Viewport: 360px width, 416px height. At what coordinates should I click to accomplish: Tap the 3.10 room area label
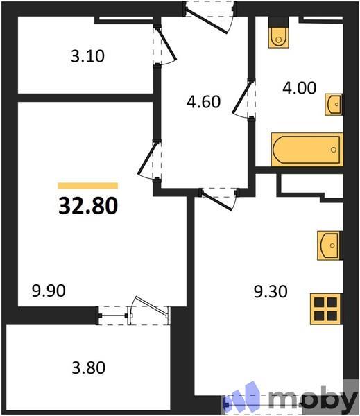tap(88, 56)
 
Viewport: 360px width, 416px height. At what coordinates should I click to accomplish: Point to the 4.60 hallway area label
tap(203, 102)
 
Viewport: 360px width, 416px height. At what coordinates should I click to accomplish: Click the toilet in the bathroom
tap(279, 35)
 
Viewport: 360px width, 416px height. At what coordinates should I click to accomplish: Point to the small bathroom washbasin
tap(334, 105)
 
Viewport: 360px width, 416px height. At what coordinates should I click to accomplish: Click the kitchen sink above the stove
tap(329, 245)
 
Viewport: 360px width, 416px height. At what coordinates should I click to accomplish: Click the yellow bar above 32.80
tap(87, 186)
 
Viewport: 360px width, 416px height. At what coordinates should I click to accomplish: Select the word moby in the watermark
tap(312, 400)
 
